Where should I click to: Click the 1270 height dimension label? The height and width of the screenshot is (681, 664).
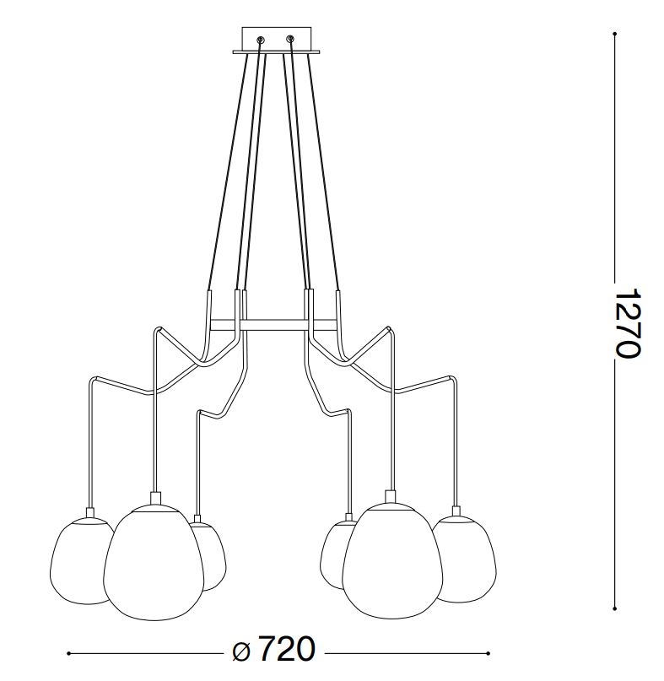pos(628,322)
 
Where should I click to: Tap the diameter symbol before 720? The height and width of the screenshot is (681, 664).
pos(241,652)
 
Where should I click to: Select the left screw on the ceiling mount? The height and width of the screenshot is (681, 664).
pos(261,40)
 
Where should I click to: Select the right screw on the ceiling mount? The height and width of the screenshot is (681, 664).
pos(290,40)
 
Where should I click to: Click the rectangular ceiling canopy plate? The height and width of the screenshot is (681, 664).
pos(277,41)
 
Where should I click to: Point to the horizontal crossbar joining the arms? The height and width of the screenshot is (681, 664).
pos(273,325)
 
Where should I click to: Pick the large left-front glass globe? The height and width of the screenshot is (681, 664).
pos(154,563)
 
